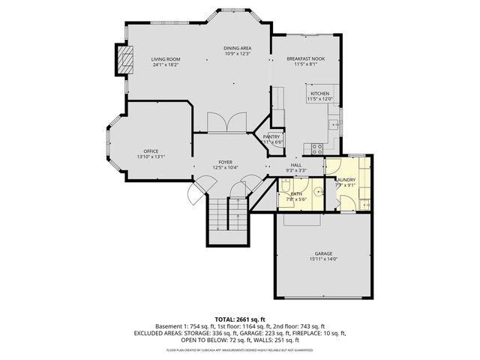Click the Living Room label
166,58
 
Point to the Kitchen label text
320,93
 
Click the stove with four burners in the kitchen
316,147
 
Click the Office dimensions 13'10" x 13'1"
151,157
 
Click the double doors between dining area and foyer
227,122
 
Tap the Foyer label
225,162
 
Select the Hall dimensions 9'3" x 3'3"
297,170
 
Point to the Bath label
295,194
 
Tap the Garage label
323,253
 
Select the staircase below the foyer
227,217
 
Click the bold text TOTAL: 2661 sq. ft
240,319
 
